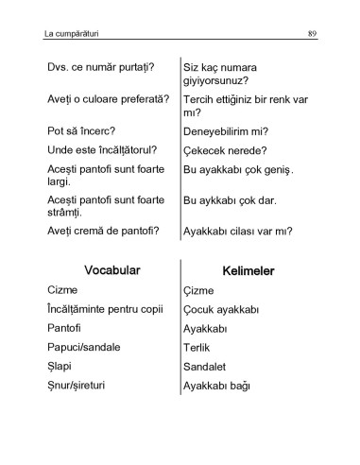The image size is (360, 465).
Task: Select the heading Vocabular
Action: [111, 270]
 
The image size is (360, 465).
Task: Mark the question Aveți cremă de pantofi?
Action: [102, 230]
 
